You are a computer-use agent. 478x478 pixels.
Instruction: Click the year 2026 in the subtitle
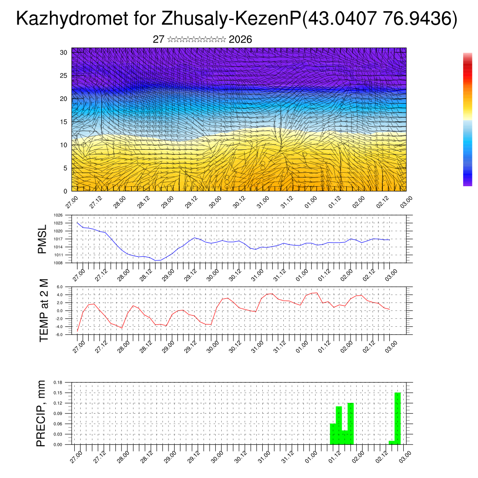point(240,40)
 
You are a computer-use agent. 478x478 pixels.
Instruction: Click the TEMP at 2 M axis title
point(44,310)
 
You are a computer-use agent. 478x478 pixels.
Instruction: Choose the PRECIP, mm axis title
point(42,413)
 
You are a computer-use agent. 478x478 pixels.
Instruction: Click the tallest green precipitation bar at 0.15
point(398,418)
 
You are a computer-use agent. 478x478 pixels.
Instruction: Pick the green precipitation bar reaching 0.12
point(351,423)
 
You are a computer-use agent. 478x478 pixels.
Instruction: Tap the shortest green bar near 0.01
point(392,443)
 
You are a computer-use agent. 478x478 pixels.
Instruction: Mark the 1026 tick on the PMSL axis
point(58,215)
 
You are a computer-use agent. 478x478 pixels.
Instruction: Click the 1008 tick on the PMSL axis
point(58,263)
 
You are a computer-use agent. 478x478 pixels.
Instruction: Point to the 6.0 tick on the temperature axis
point(59,287)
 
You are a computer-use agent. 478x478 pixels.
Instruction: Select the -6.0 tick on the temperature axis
point(59,335)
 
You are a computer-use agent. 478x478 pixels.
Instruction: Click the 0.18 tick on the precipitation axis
point(58,382)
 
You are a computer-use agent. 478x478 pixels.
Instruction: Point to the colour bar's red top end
point(467,56)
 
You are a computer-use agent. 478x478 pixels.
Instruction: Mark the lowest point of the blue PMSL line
point(157,260)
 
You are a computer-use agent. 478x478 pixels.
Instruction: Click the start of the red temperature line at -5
point(77,330)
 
